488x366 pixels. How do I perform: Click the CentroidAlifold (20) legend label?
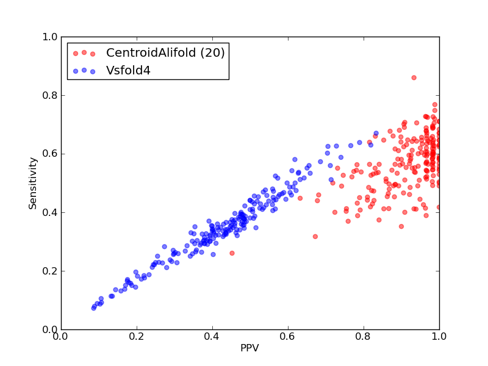[x=165, y=52]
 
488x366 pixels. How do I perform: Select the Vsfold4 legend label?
[x=128, y=71]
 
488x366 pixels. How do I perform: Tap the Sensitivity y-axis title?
[x=33, y=184]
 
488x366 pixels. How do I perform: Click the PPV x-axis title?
[x=249, y=348]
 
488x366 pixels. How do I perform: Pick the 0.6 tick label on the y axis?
[x=50, y=154]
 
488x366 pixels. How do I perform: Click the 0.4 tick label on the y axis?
[x=50, y=212]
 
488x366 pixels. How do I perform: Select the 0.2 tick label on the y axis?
[x=50, y=271]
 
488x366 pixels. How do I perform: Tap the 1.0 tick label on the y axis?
[x=50, y=37]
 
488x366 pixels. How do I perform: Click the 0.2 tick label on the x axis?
[x=137, y=337]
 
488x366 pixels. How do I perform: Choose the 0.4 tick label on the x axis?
[x=212, y=337]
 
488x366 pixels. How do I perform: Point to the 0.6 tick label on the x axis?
[x=288, y=337]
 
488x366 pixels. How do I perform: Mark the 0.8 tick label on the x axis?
[x=364, y=337]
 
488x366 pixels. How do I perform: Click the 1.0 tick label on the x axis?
[x=439, y=337]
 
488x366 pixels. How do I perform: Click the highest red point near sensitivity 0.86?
[x=414, y=78]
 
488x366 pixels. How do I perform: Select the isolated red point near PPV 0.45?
[x=232, y=253]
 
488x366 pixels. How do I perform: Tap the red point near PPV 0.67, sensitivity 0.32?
[x=315, y=237]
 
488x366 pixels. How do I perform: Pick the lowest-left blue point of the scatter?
[x=94, y=308]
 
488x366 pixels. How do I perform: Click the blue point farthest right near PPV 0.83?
[x=376, y=133]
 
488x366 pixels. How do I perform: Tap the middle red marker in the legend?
[x=84, y=52]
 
